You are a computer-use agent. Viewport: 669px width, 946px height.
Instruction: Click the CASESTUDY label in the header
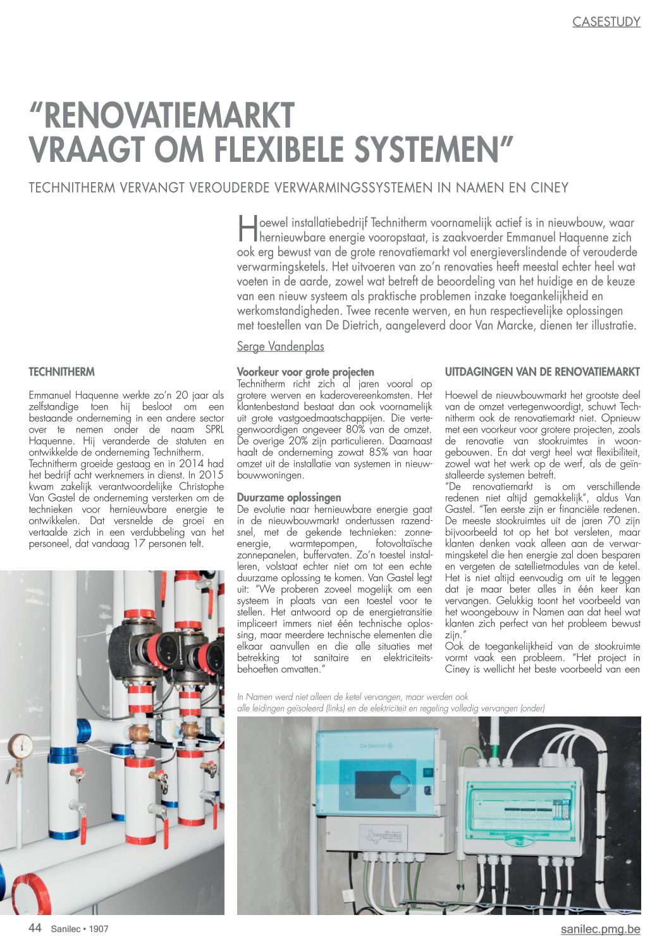[x=606, y=22]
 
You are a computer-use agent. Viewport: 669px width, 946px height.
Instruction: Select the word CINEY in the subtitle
[x=550, y=188]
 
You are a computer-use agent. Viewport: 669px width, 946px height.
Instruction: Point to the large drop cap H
[x=247, y=228]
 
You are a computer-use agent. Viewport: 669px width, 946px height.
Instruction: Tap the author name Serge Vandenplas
[x=280, y=347]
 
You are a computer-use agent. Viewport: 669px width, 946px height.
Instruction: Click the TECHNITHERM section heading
[x=61, y=372]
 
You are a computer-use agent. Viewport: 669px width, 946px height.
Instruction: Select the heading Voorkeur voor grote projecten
[x=305, y=372]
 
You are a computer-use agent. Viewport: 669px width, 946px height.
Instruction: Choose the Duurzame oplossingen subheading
[x=288, y=498]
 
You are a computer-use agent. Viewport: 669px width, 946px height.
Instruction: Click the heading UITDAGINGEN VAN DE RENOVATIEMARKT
[x=542, y=372]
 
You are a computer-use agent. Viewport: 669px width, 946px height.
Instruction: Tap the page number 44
[x=35, y=928]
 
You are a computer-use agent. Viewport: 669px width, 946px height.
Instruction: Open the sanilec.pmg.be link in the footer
[x=600, y=929]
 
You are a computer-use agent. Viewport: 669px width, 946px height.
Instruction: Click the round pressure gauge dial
[x=21, y=746]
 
